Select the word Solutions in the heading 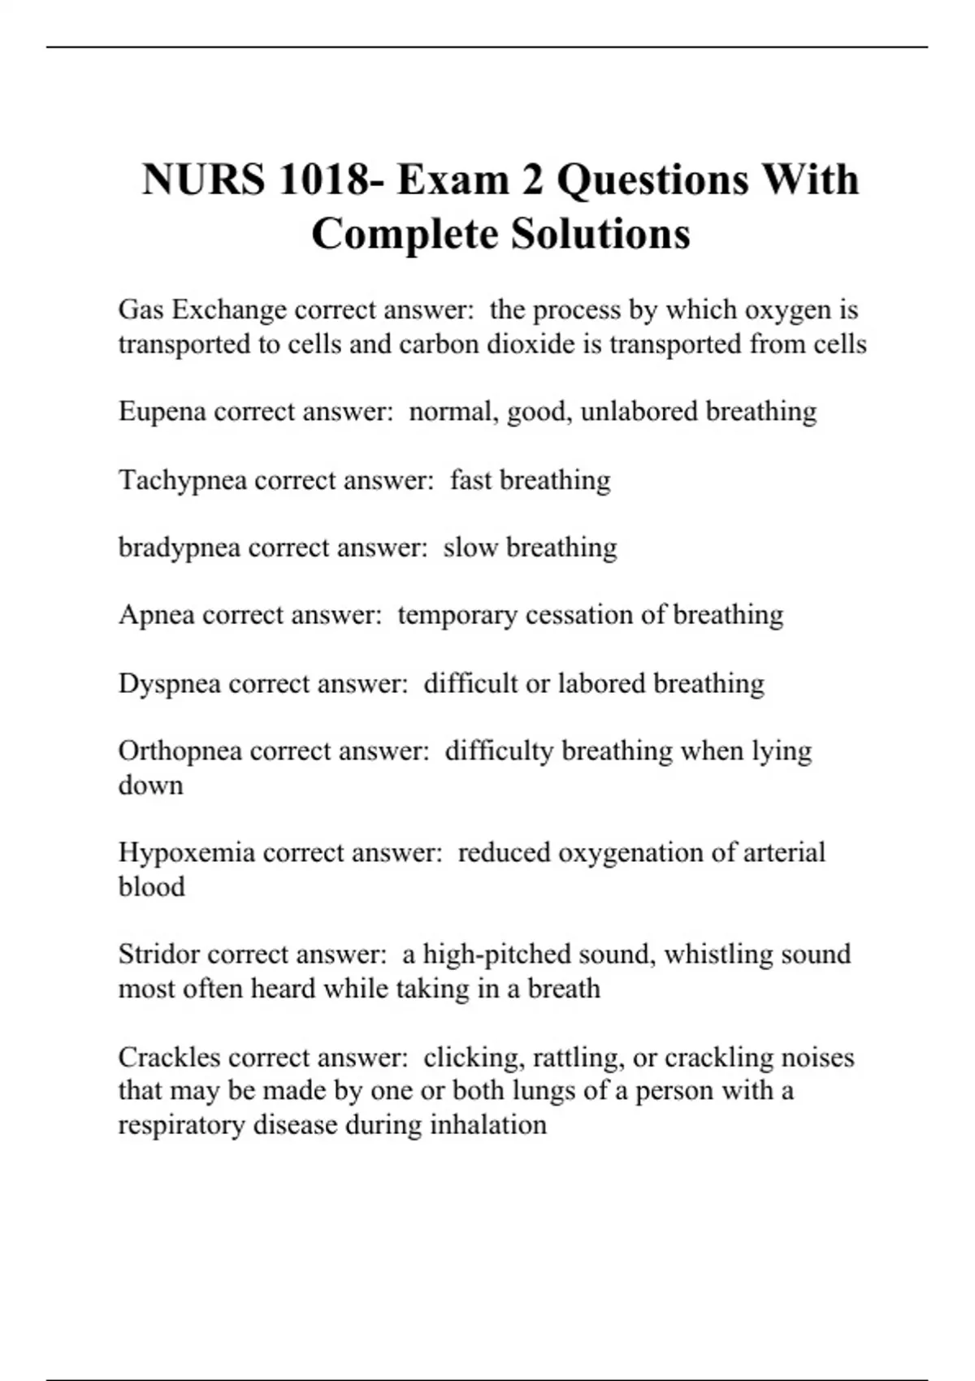(600, 234)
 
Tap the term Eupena (162, 412)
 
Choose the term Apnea (156, 615)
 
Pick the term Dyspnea (169, 684)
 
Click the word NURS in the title (203, 180)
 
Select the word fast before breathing (471, 481)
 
